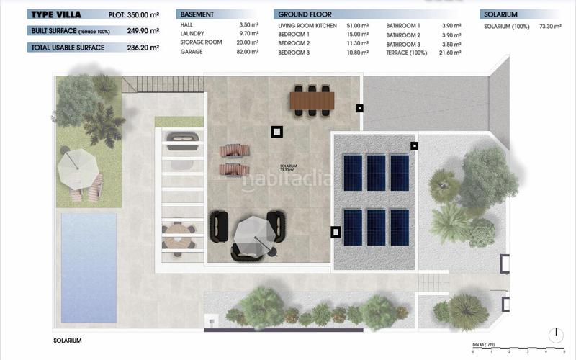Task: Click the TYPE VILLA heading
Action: point(55,14)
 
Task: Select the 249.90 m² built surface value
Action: point(146,31)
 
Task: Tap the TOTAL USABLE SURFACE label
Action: point(68,48)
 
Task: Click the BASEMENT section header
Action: point(197,14)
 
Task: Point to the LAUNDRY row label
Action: point(192,34)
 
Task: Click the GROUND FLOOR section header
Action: point(305,14)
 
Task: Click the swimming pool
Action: point(89,266)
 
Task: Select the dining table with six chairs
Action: point(312,99)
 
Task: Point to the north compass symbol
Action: point(555,336)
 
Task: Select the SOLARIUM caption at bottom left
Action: point(68,341)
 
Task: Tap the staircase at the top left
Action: point(138,86)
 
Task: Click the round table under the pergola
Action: point(178,233)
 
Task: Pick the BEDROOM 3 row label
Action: point(293,53)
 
